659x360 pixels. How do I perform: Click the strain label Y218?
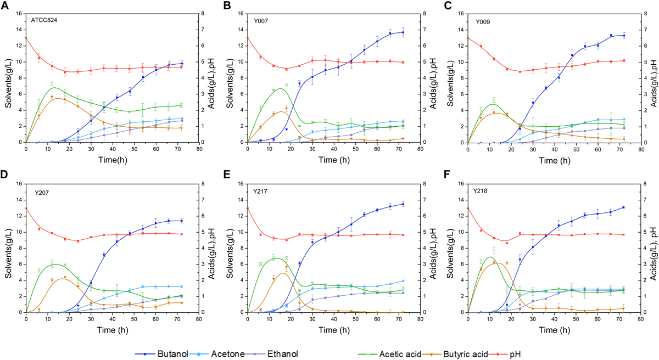point(482,192)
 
